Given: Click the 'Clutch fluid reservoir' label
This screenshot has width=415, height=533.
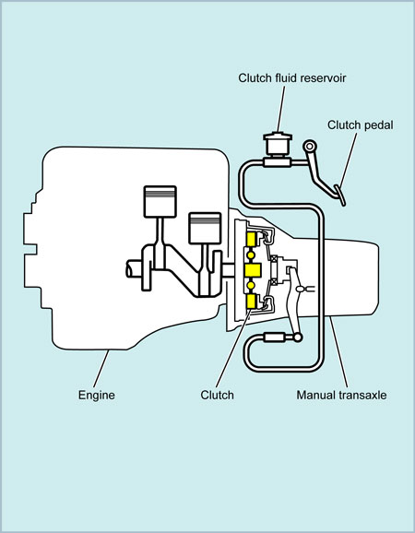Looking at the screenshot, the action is [x=292, y=77].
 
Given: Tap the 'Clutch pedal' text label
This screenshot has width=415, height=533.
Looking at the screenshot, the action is [x=361, y=124].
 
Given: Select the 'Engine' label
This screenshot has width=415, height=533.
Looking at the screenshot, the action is [x=97, y=395].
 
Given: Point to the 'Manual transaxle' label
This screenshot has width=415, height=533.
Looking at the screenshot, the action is [x=341, y=395].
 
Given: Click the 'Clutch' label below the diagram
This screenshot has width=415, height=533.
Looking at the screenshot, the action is [x=217, y=395].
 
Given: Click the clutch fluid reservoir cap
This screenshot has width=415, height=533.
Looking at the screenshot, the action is [x=278, y=136].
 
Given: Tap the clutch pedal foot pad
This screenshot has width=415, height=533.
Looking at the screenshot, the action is [x=340, y=195].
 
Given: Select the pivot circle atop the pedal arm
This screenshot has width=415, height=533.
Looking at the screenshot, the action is [x=309, y=147].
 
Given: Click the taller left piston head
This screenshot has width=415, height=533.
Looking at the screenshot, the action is [x=160, y=201].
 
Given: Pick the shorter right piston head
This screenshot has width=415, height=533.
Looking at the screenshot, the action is [x=205, y=228].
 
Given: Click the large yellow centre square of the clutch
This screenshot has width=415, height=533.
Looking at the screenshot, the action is [x=253, y=270].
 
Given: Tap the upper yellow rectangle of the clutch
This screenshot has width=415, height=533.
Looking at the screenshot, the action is [x=252, y=240].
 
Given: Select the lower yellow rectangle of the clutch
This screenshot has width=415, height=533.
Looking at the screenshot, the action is [x=252, y=302].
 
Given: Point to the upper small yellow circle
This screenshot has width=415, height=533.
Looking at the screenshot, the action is [x=251, y=255].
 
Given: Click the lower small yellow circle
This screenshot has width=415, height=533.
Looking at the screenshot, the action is [x=251, y=286].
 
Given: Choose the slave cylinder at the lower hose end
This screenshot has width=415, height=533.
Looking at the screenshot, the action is [x=274, y=338].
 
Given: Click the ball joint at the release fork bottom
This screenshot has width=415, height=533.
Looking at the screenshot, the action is [x=298, y=338].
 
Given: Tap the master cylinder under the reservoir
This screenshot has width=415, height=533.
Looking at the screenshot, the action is [x=278, y=163].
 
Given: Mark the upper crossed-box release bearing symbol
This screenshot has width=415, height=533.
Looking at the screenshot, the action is [x=274, y=259].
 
